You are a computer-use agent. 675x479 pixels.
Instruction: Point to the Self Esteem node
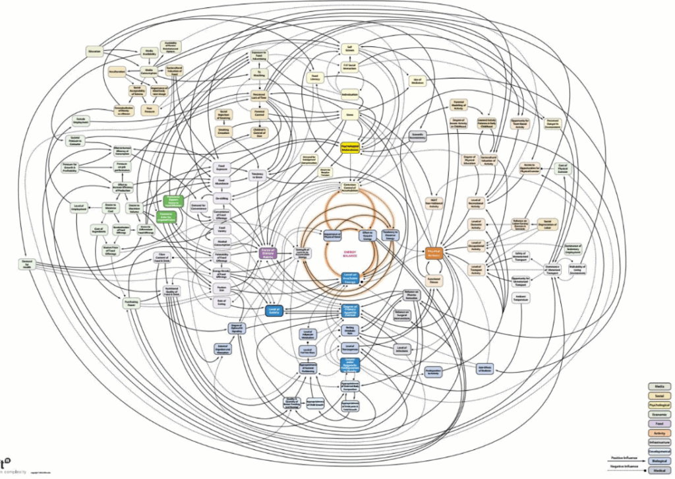349,49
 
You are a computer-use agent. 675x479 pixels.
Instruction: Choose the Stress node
349,114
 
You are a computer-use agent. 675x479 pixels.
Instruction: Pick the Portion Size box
222,288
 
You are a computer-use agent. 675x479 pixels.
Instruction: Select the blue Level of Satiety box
273,310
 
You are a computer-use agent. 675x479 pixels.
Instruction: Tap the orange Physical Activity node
434,252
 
